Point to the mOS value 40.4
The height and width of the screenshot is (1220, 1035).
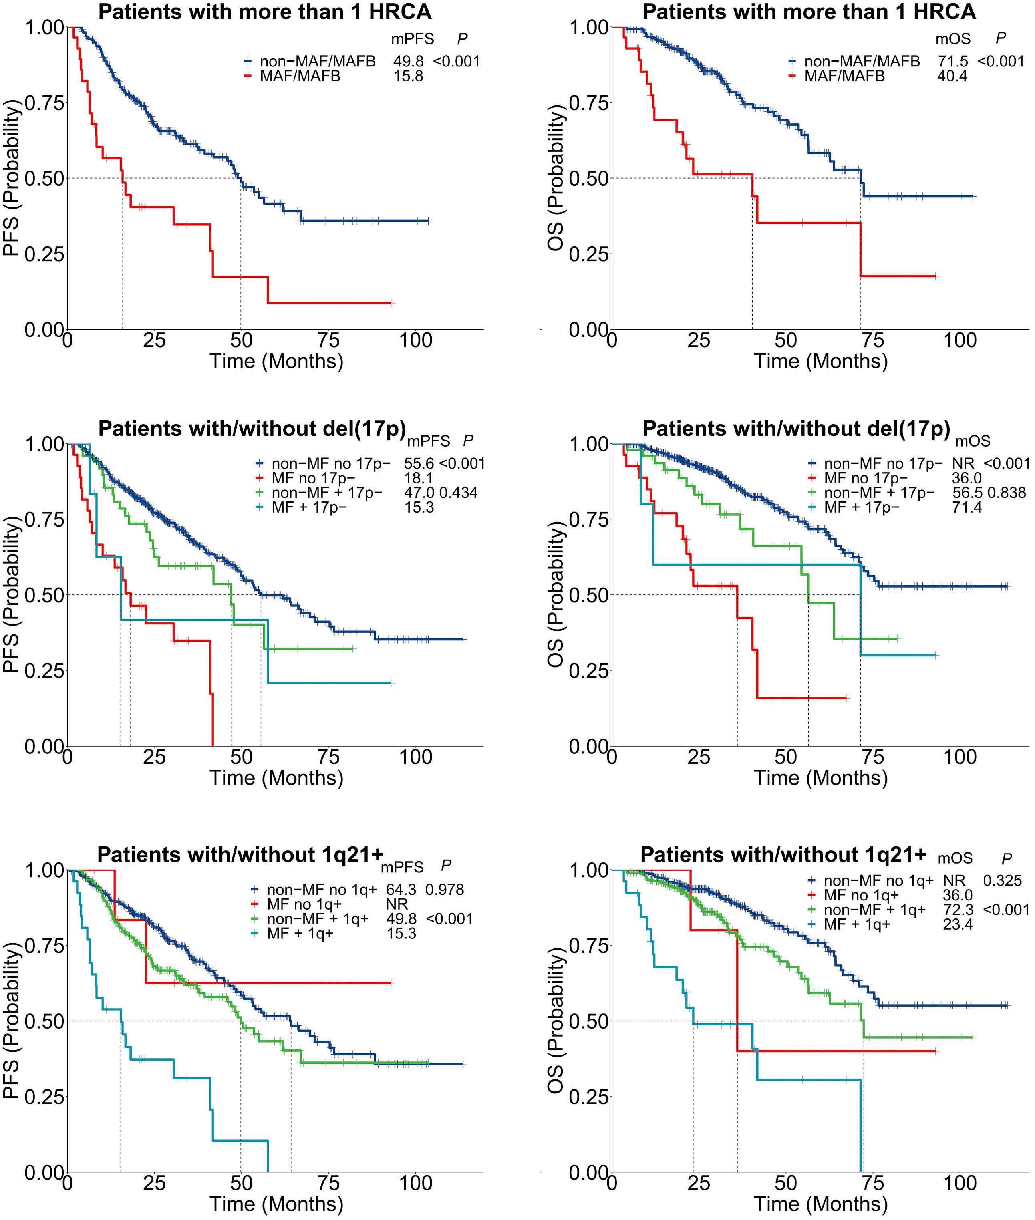952,76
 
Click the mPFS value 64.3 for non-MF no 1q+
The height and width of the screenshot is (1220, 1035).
401,890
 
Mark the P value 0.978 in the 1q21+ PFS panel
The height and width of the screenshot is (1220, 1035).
445,890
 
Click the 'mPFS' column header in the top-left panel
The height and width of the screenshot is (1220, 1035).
413,39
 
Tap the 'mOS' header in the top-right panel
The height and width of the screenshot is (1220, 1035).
953,39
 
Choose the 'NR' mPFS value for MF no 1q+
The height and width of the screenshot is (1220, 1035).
397,904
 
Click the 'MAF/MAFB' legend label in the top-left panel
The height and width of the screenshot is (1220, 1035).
300,76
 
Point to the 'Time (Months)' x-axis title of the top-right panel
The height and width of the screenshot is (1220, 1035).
820,360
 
